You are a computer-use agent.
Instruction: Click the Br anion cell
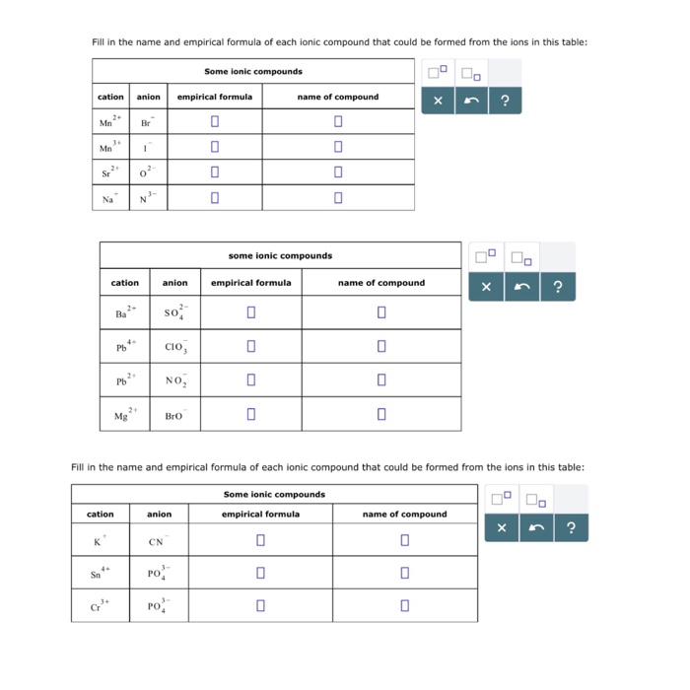[x=148, y=122]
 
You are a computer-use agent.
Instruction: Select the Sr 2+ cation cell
[x=110, y=173]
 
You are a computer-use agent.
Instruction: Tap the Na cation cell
[x=110, y=198]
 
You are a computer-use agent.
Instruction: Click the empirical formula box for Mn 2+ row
[x=214, y=122]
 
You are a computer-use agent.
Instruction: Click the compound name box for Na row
[x=337, y=198]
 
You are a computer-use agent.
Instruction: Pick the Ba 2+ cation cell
[x=125, y=313]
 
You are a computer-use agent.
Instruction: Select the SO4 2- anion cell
[x=174, y=313]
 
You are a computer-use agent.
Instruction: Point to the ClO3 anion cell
[x=174, y=347]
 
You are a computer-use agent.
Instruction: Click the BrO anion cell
[x=174, y=415]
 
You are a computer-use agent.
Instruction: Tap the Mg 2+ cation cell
[x=125, y=415]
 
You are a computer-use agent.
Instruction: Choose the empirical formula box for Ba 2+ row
[x=251, y=313]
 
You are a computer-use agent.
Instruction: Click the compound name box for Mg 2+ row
[x=380, y=415]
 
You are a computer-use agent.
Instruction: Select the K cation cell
[x=100, y=541]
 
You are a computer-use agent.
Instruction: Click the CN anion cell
[x=159, y=541]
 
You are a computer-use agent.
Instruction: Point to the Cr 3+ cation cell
[x=100, y=605]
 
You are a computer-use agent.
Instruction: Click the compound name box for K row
[x=404, y=541]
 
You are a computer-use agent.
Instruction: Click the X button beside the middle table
[x=486, y=288]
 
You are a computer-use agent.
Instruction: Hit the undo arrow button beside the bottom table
[x=535, y=528]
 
